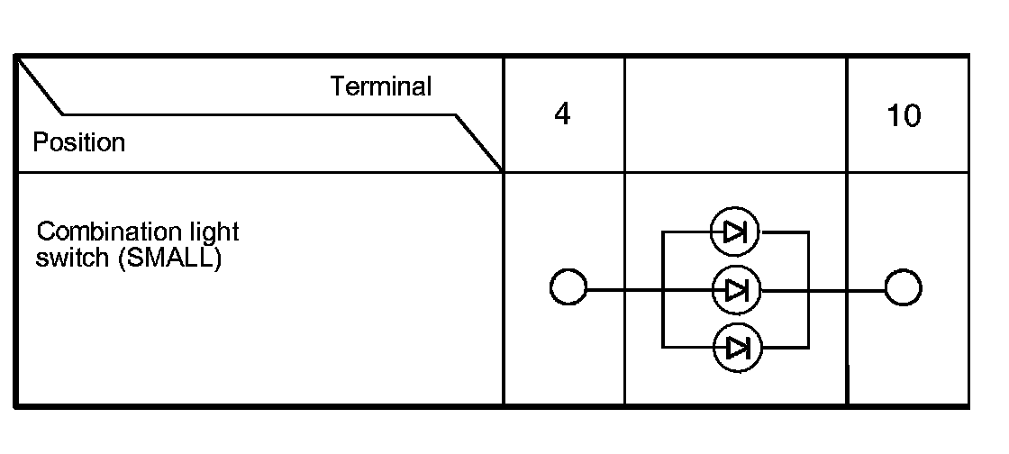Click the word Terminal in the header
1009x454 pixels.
pos(380,87)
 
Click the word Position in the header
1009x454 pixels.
pos(78,142)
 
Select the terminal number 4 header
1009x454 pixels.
pos(562,116)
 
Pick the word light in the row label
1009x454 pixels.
pos(217,232)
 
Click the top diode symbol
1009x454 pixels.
pos(735,232)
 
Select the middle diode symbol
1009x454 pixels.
pos(735,290)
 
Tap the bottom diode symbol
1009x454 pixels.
pos(735,347)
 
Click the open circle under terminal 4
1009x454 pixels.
pos(568,290)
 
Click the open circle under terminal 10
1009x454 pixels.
pos(903,290)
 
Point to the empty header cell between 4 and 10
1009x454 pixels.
pos(735,114)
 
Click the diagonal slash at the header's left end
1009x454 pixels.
pos(40,87)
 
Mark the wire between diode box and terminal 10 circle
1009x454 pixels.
pos(847,290)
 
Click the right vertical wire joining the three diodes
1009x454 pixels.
pos(809,261)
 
